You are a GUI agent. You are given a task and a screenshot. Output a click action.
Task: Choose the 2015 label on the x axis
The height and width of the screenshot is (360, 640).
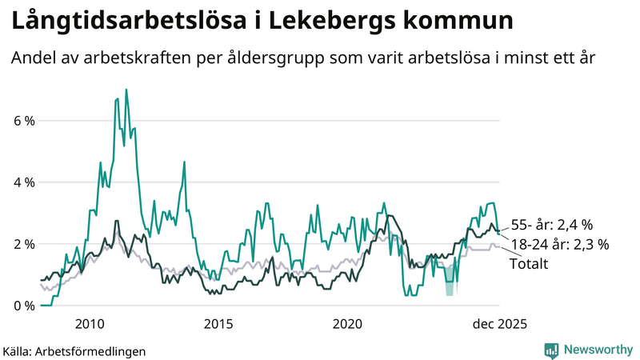218,324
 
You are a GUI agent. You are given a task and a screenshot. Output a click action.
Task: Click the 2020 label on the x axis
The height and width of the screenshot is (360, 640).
347,324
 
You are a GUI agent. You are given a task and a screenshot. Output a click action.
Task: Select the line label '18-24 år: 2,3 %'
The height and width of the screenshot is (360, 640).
560,244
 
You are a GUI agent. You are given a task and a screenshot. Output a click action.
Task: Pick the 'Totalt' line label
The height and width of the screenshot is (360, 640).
529,263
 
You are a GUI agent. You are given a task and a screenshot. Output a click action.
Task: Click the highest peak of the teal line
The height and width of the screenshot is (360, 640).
126,90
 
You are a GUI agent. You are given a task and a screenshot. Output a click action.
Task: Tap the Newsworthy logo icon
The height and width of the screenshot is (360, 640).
551,350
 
